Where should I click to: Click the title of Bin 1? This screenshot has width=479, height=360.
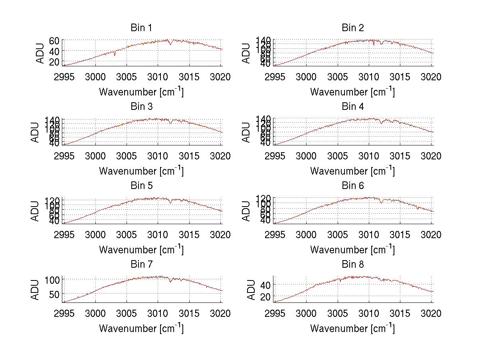(141, 28)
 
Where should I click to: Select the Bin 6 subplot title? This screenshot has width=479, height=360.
(352, 186)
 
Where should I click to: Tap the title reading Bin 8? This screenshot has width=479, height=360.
(352, 265)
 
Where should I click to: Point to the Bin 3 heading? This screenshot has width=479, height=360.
(141, 107)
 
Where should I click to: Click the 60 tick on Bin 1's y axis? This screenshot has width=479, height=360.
(54, 40)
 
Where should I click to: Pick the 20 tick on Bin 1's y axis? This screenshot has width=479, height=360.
(54, 62)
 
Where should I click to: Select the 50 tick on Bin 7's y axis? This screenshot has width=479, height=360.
(54, 294)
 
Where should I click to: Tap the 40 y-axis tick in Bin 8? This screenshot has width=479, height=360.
(265, 284)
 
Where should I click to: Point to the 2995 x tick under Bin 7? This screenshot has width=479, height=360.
(64, 314)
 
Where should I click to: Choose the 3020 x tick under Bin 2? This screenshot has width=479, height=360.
(431, 77)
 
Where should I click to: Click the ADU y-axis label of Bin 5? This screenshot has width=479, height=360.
(36, 211)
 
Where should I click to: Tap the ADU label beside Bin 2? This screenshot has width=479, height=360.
(247, 53)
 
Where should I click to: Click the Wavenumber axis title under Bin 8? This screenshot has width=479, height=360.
(352, 328)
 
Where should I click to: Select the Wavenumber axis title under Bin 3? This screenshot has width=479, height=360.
(141, 171)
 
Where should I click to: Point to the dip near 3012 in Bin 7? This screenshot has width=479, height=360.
(171, 282)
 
